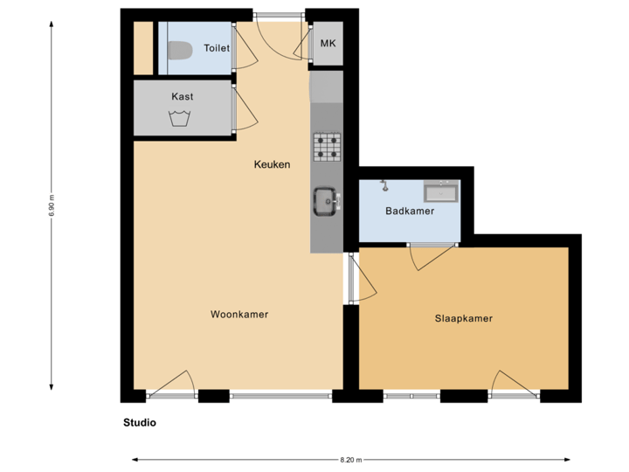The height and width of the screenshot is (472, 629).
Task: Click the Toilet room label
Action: [x=217, y=48]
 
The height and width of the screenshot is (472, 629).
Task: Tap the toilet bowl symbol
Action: [x=180, y=52]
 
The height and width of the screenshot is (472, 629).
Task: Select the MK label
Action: [x=328, y=43]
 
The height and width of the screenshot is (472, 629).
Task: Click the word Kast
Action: [x=183, y=96]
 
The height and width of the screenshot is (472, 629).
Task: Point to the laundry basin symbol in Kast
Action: [x=182, y=119]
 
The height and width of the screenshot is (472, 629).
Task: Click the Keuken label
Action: [x=272, y=164]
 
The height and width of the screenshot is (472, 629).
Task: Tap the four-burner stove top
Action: [x=327, y=146]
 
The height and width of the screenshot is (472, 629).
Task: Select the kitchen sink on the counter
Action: [x=328, y=202]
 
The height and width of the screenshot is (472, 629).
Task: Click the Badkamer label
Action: [x=410, y=211]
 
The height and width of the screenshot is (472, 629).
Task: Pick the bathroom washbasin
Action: [x=440, y=191]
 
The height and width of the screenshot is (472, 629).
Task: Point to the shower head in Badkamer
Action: [x=383, y=184]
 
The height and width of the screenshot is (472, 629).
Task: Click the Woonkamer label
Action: [x=238, y=314]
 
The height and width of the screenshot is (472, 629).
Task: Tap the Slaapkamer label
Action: [x=463, y=318]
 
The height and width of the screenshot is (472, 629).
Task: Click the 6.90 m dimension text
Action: [x=51, y=205]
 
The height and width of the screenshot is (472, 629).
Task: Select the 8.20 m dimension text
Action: [x=350, y=459]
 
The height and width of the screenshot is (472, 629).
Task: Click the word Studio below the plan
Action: [x=140, y=422]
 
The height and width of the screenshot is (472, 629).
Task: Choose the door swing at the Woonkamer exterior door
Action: [x=180, y=385]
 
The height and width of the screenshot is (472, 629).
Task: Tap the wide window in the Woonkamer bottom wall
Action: [x=280, y=397]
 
